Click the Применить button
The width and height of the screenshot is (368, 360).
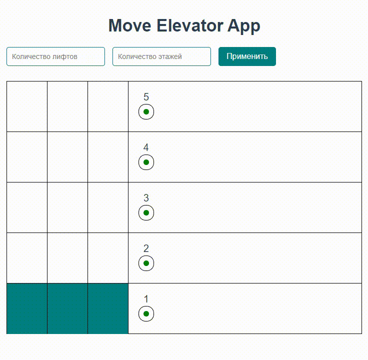[247, 56]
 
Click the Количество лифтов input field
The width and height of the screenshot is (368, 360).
[55, 56]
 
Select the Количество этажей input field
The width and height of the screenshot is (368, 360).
[161, 56]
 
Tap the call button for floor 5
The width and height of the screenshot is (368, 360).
[146, 112]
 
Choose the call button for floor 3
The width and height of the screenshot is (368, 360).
[146, 213]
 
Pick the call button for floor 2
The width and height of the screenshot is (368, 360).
[146, 263]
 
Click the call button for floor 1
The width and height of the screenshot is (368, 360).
[146, 314]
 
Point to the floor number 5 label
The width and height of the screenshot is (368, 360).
[146, 97]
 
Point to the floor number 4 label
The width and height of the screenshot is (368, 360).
[146, 147]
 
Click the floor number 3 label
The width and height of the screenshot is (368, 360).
[146, 198]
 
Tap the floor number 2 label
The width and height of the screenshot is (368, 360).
[146, 248]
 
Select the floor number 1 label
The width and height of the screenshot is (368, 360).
[146, 299]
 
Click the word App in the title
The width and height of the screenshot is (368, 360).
[244, 25]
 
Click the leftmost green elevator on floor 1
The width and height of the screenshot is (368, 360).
[27, 308]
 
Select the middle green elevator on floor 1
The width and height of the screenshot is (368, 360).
[67, 308]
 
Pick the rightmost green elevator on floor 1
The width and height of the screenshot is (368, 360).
[108, 308]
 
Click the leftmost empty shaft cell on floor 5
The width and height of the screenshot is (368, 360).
[27, 106]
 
